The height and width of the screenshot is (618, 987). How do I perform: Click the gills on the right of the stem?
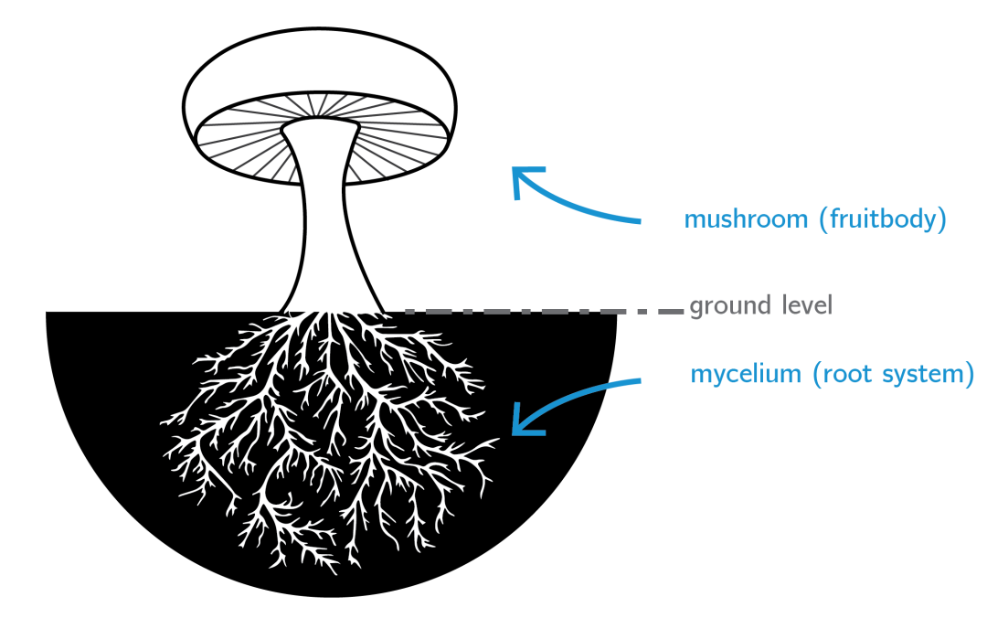click(402, 133)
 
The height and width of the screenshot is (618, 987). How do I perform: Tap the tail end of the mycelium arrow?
click(640, 380)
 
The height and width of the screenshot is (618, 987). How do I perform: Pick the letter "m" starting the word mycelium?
click(701, 376)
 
